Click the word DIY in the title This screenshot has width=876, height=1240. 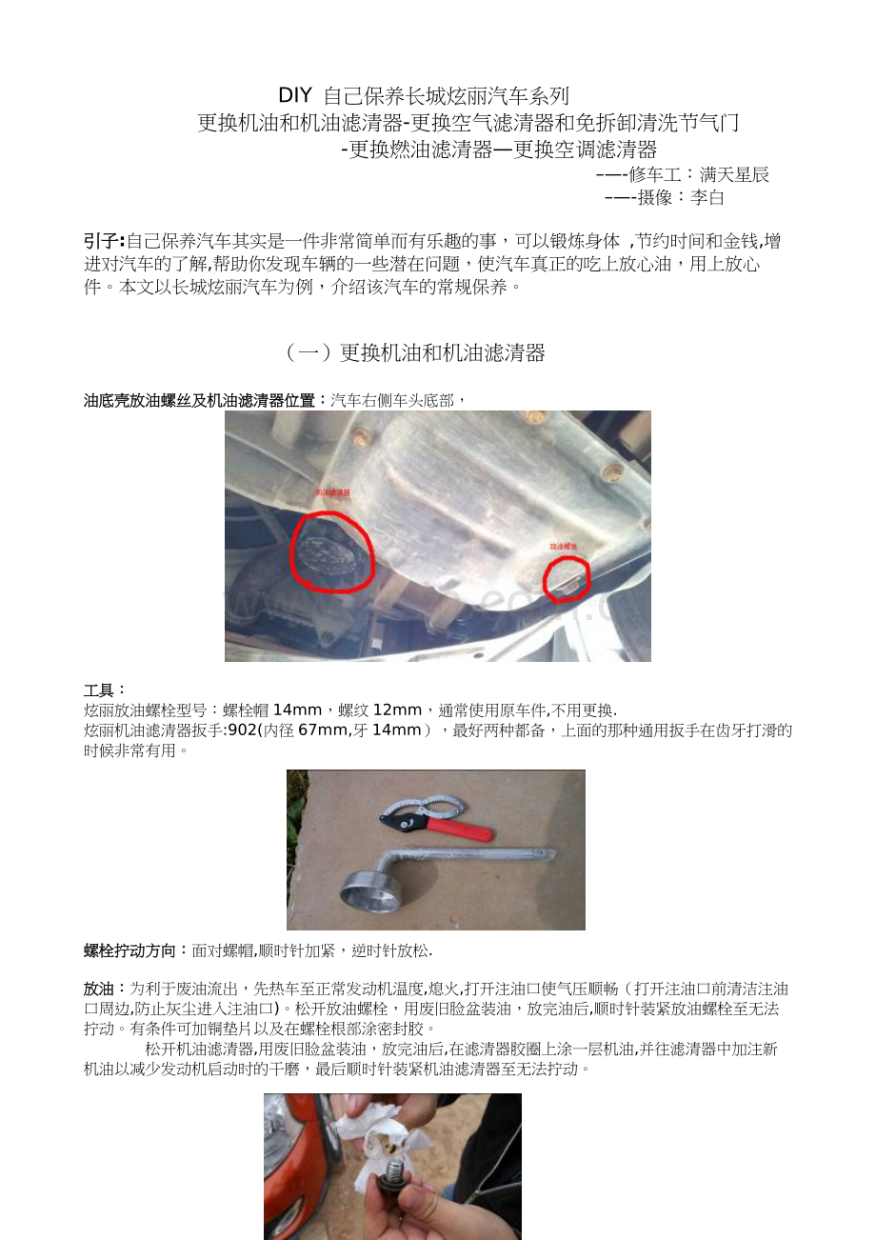(x=295, y=96)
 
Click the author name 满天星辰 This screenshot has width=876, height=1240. (x=734, y=175)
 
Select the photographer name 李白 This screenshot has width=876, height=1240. (x=707, y=198)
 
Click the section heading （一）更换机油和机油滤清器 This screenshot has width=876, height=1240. (x=414, y=353)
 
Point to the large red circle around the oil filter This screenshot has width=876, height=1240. (x=332, y=552)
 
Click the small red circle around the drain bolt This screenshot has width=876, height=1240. (x=567, y=579)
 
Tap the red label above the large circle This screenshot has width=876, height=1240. (x=332, y=493)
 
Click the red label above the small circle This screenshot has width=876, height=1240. (x=565, y=548)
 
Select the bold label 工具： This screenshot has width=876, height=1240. (x=105, y=690)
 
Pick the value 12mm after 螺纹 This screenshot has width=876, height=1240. (x=397, y=710)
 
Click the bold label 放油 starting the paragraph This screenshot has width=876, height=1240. (x=100, y=990)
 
